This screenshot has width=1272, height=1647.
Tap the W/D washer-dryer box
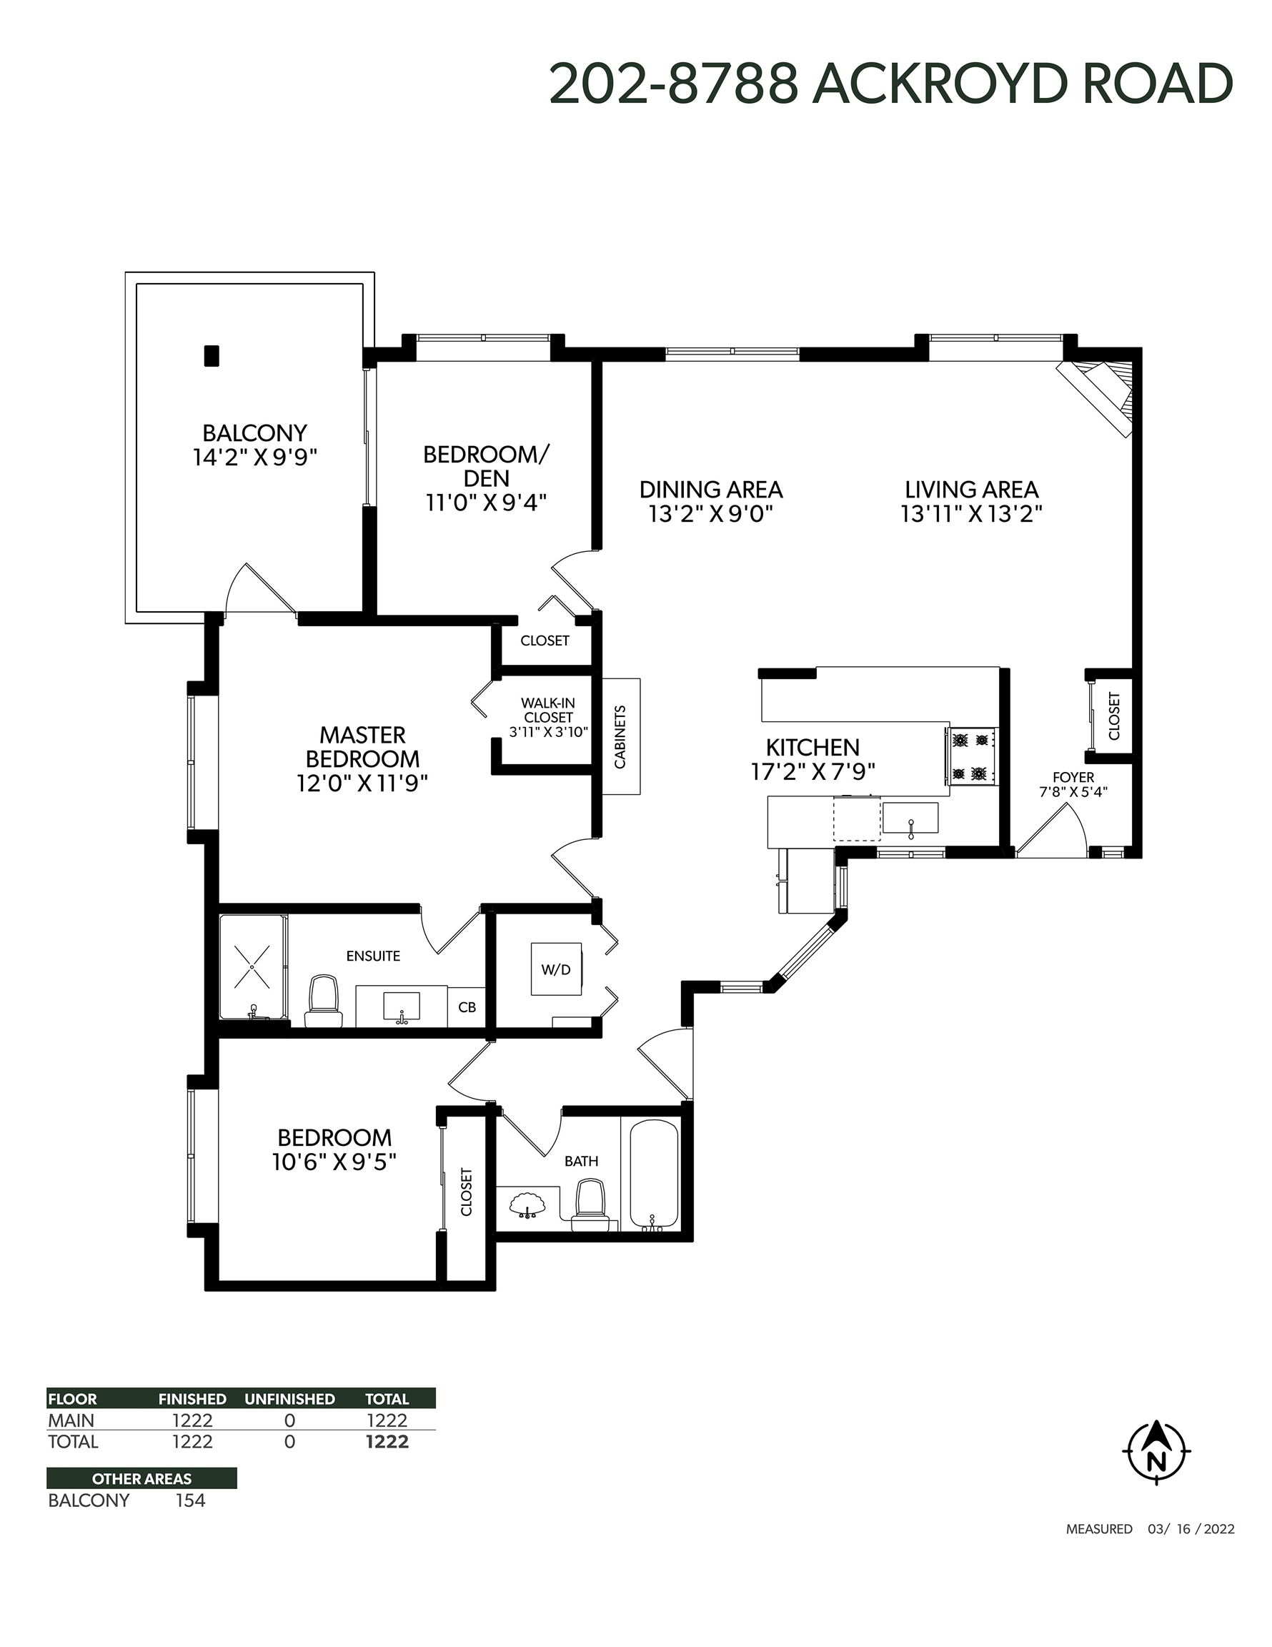click(x=556, y=969)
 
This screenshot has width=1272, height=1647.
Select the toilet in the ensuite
click(x=324, y=1001)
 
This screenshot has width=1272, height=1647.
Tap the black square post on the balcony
click(x=212, y=356)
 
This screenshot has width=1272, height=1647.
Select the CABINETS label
click(x=620, y=737)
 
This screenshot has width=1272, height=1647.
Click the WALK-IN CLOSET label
click(x=548, y=711)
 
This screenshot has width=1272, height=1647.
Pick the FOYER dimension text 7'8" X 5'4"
click(x=1073, y=792)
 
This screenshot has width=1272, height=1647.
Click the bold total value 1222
click(x=387, y=1442)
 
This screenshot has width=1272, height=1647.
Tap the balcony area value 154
click(x=190, y=1500)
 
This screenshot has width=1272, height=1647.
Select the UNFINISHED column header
click(x=289, y=1399)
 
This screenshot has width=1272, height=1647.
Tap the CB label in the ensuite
click(x=467, y=1006)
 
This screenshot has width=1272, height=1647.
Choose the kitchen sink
click(x=911, y=818)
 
